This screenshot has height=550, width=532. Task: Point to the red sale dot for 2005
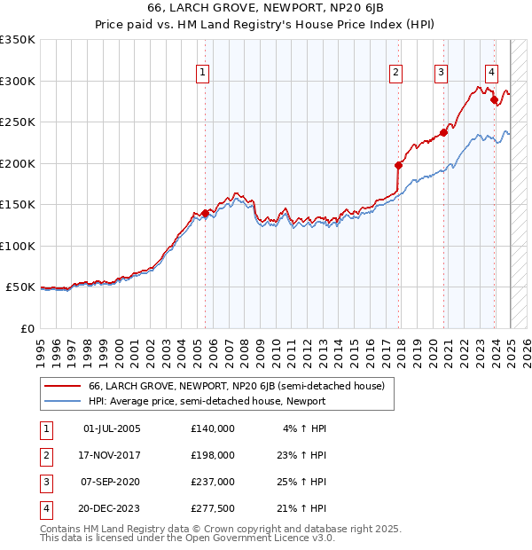coord(205,213)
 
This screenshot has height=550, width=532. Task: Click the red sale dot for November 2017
coord(398,165)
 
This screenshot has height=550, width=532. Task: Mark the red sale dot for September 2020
coord(444,133)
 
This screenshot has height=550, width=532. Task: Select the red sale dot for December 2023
coord(494,99)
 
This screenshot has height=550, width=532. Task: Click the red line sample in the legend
coord(62,387)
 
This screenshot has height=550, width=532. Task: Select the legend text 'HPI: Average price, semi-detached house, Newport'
coord(207,401)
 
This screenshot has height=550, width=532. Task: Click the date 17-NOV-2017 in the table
coord(112,455)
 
